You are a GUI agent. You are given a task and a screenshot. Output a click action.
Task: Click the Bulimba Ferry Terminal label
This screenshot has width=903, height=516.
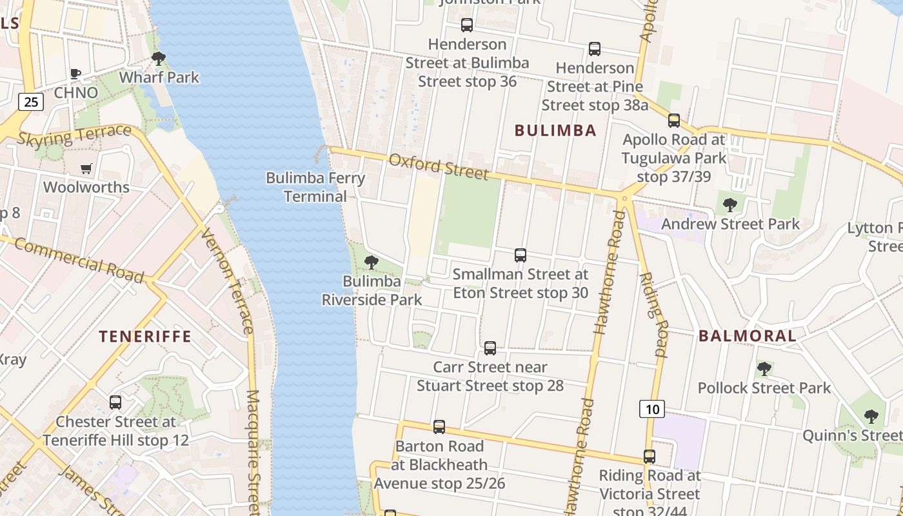(315, 187)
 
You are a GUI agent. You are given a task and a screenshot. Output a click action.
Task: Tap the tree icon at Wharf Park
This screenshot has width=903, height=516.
(158, 59)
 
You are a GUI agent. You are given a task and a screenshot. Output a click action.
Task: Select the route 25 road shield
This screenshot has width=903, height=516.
(30, 101)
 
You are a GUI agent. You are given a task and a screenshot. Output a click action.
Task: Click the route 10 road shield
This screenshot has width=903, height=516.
(652, 408)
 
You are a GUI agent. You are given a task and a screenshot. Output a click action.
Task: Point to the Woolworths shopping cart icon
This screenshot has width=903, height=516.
(86, 169)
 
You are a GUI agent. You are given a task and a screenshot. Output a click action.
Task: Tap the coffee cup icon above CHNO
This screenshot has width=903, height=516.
(75, 74)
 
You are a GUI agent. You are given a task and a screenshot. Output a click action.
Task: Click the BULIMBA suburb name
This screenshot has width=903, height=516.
(555, 130)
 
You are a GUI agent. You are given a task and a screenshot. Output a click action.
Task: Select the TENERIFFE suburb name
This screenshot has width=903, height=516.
(144, 336)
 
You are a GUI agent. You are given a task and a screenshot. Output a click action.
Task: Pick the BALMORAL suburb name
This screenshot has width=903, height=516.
(747, 335)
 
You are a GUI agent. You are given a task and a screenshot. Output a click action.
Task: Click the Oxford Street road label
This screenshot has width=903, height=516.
(439, 166)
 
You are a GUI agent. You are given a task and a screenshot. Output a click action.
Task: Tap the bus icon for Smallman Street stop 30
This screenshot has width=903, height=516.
(521, 255)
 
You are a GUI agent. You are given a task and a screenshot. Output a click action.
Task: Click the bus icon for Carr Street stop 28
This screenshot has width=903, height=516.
(490, 348)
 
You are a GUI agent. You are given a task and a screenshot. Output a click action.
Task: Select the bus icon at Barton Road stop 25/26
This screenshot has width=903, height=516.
(439, 427)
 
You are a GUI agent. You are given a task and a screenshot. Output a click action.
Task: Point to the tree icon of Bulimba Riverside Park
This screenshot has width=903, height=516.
(371, 262)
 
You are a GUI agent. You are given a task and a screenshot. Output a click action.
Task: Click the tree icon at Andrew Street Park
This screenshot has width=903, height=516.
(729, 205)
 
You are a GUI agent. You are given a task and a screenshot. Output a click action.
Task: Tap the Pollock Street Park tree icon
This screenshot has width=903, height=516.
(764, 369)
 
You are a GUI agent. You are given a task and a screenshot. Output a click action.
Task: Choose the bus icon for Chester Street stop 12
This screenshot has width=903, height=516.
(115, 402)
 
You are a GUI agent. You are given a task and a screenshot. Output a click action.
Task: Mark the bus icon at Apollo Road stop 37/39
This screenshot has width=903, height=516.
(674, 120)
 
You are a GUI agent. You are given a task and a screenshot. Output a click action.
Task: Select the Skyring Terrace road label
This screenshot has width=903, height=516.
(74, 135)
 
